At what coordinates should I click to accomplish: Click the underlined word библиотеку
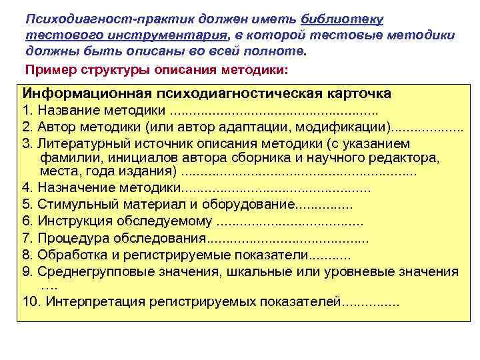click(x=346, y=18)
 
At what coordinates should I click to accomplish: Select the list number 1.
click(x=26, y=109)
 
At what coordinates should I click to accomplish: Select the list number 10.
click(x=29, y=301)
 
